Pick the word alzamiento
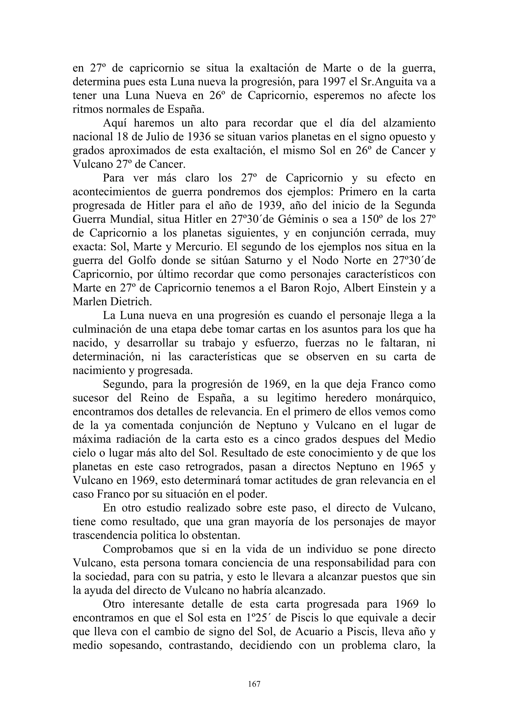coord(409,123)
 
